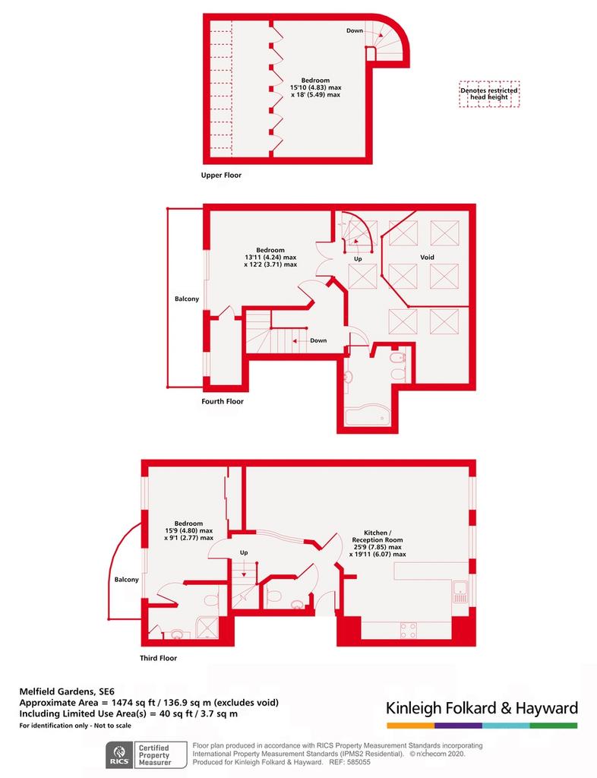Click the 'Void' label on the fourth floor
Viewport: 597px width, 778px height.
(427, 257)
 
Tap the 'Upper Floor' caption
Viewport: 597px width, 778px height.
(221, 176)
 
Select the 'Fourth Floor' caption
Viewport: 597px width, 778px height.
(223, 401)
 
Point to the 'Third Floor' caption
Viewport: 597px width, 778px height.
(158, 658)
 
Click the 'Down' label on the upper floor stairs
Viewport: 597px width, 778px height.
(355, 30)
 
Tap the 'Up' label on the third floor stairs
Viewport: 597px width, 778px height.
(244, 552)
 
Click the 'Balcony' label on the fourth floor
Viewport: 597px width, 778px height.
(187, 299)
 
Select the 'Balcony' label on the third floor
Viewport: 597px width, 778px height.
(126, 580)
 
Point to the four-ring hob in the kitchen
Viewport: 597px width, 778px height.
(409, 631)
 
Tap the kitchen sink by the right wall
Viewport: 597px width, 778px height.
(460, 591)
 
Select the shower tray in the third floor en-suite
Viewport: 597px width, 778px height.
(207, 627)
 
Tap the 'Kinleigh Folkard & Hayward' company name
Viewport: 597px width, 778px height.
(482, 707)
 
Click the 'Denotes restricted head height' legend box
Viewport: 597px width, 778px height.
(489, 94)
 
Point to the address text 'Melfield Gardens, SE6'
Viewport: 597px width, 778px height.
(67, 691)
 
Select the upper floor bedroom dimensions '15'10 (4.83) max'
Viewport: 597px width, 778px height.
(316, 87)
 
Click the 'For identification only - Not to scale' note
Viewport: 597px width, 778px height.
(75, 726)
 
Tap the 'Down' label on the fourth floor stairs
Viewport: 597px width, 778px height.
(318, 340)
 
